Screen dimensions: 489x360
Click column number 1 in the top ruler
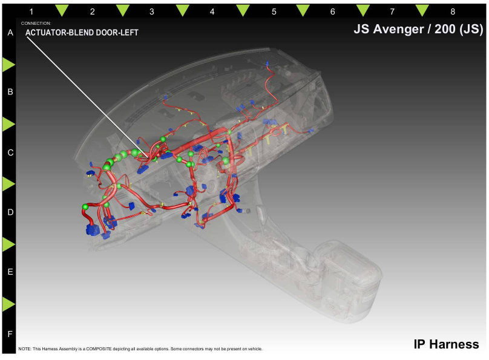(31, 12)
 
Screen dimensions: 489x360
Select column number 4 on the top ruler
(212, 12)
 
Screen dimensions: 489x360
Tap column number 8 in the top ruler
(453, 12)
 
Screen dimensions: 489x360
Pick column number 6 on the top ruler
(333, 12)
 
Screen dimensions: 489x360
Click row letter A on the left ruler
(10, 33)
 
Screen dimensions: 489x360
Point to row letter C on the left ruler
(10, 152)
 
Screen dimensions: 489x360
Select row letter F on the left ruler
(10, 334)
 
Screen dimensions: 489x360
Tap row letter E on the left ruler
(10, 272)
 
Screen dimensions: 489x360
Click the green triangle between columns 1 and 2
(62, 10)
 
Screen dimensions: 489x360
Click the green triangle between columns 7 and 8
(422, 10)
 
